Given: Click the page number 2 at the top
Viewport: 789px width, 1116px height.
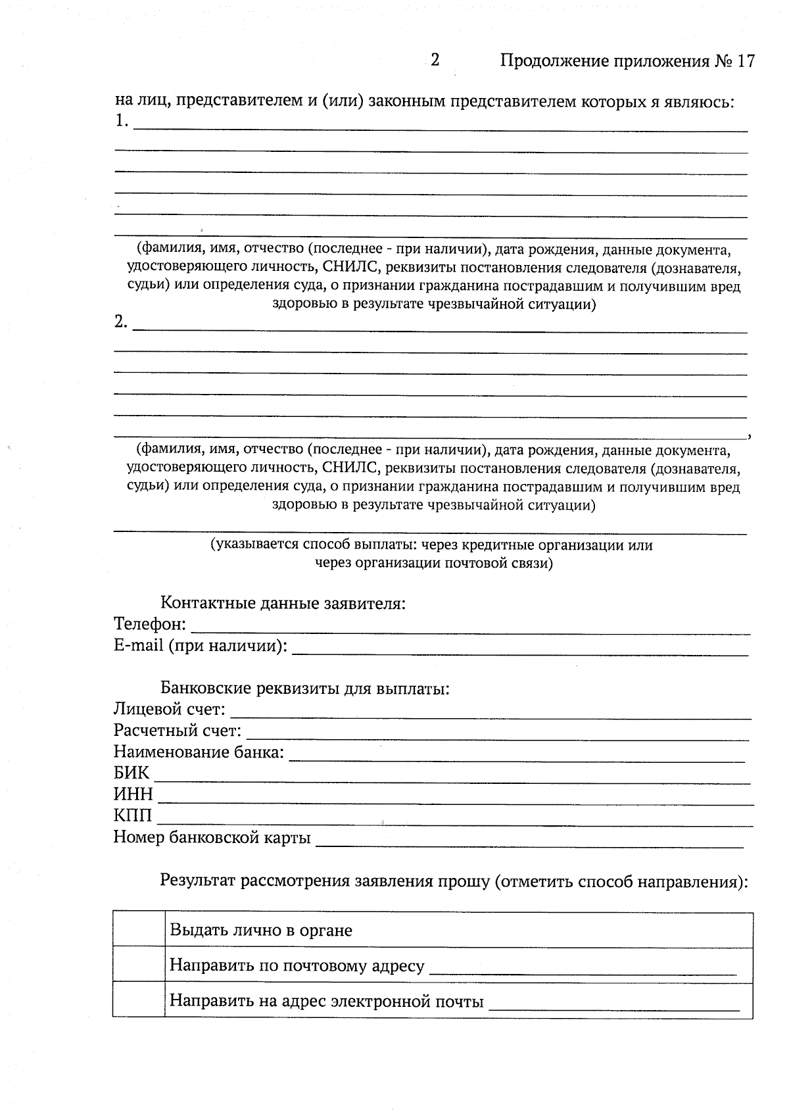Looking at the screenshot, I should (x=435, y=60).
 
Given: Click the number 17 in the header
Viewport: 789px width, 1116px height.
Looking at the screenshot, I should (x=746, y=61).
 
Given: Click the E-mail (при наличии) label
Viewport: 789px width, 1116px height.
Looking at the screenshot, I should (x=201, y=646).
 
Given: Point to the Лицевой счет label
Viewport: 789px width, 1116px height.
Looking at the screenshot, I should (x=169, y=710).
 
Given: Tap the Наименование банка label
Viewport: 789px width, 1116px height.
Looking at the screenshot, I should (x=199, y=752).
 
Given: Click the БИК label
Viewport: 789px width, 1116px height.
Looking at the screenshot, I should (x=131, y=773).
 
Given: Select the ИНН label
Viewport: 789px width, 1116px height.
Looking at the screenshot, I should (x=133, y=794).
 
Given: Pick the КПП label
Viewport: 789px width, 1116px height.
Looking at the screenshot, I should (x=133, y=816).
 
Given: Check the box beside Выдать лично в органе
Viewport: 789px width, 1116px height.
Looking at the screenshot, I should (x=139, y=929).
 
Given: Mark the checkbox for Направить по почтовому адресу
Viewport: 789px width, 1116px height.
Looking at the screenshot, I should (x=139, y=964).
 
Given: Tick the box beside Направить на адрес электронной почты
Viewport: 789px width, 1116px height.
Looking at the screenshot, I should (x=139, y=999).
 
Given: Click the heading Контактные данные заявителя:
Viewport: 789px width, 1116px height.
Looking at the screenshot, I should (x=283, y=603).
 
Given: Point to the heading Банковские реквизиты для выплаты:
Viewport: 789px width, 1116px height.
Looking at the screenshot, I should (x=305, y=689).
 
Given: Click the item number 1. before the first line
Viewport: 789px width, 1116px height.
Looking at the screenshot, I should (x=121, y=121).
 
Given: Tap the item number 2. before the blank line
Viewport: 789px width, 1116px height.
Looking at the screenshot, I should (x=121, y=322).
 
